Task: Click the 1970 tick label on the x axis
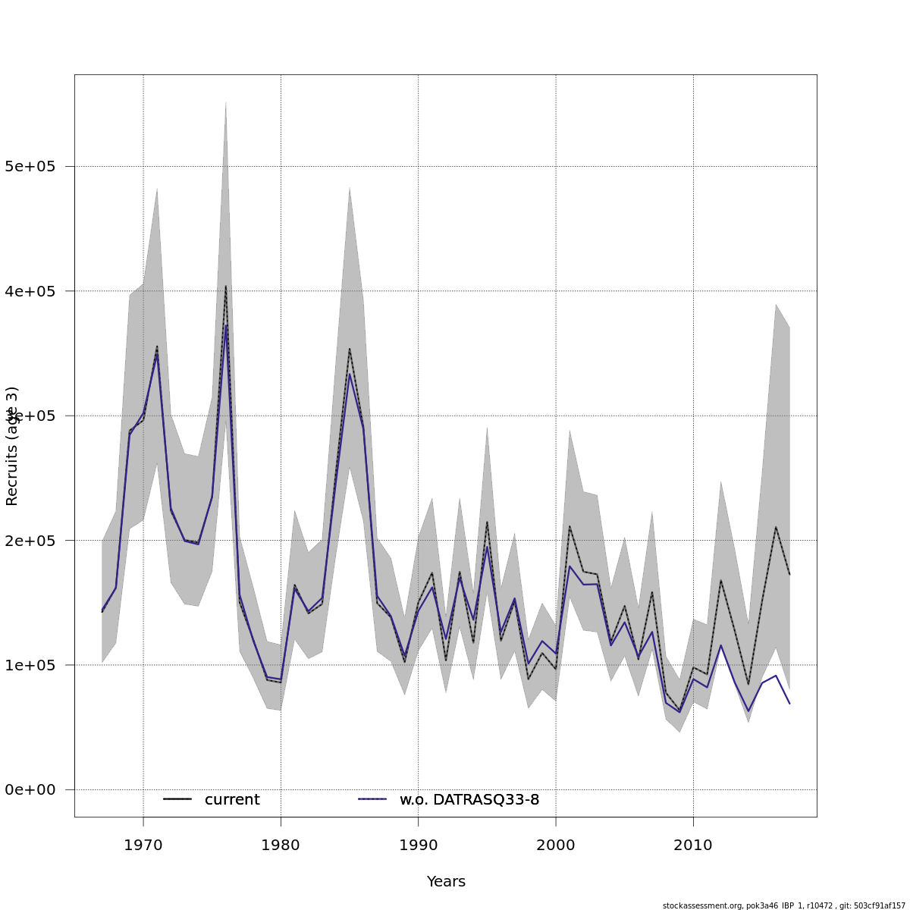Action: click(x=143, y=846)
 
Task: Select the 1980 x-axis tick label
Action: click(x=281, y=846)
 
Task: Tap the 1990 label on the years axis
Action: click(x=418, y=846)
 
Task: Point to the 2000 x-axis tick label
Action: click(x=556, y=846)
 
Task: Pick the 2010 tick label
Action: click(x=693, y=846)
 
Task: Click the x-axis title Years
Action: click(x=446, y=882)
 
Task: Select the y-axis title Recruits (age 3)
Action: click(x=12, y=446)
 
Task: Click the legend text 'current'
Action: click(x=232, y=800)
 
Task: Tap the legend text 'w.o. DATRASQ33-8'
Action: click(x=469, y=800)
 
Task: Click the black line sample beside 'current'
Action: click(x=177, y=799)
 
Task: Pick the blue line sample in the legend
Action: click(x=372, y=799)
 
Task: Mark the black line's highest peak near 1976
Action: click(x=225, y=286)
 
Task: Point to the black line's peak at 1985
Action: click(x=350, y=349)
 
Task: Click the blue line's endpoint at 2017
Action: click(x=789, y=704)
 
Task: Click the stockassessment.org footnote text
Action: click(x=783, y=905)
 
